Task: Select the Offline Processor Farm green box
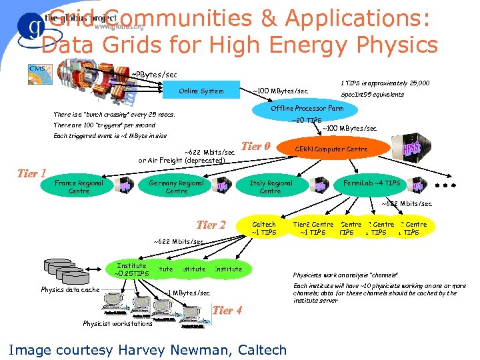307,108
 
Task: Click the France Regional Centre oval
79,187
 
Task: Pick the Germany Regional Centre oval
177,187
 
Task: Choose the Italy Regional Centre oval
270,187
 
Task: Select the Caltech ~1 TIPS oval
264,229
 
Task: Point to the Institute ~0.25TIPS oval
131,269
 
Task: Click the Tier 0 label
255,147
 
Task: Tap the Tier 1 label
31,174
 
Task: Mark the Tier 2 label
211,225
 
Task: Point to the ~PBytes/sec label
154,73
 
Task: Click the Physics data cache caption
70,290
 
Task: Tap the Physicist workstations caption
117,324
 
